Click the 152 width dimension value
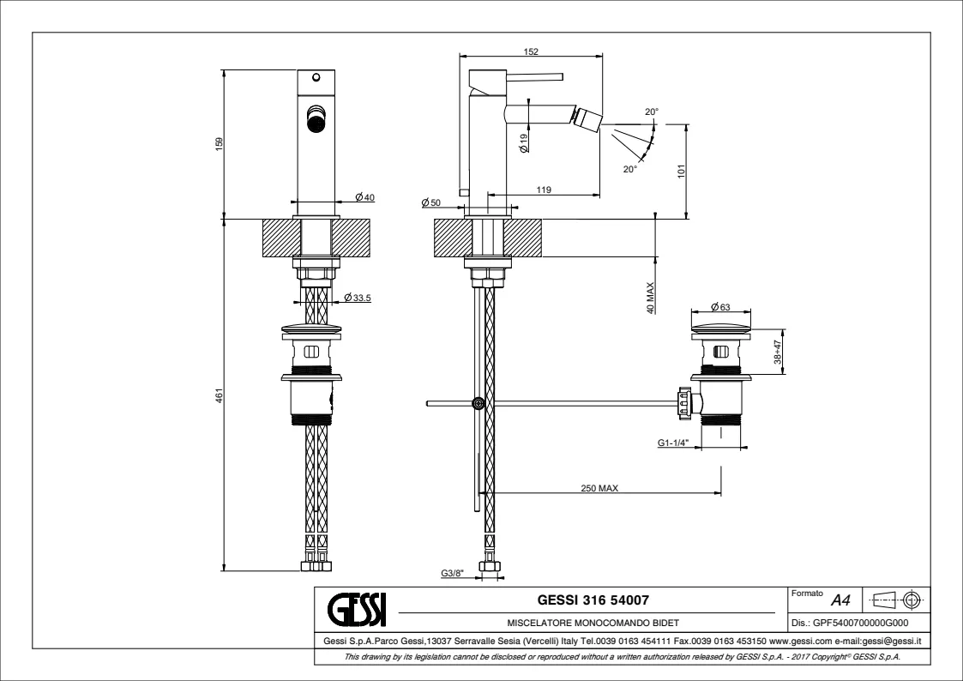tap(531, 52)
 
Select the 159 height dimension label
tap(219, 145)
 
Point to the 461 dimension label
tap(219, 396)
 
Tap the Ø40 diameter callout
tap(364, 198)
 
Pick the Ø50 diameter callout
tap(430, 202)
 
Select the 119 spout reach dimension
tap(543, 190)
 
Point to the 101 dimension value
tap(682, 171)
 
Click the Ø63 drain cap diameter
tap(720, 306)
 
